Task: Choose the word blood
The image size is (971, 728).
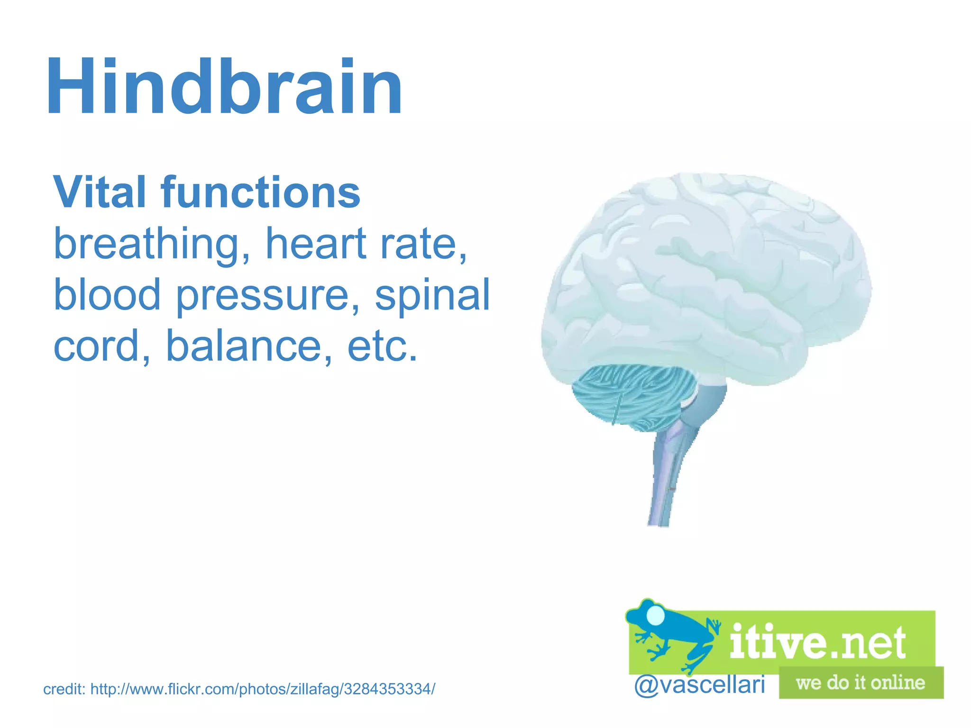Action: pos(107,294)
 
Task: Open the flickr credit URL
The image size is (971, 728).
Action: pos(263,689)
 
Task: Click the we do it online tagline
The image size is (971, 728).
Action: pos(861,682)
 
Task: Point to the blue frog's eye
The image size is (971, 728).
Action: pos(656,615)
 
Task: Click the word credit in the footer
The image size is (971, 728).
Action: pos(64,689)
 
